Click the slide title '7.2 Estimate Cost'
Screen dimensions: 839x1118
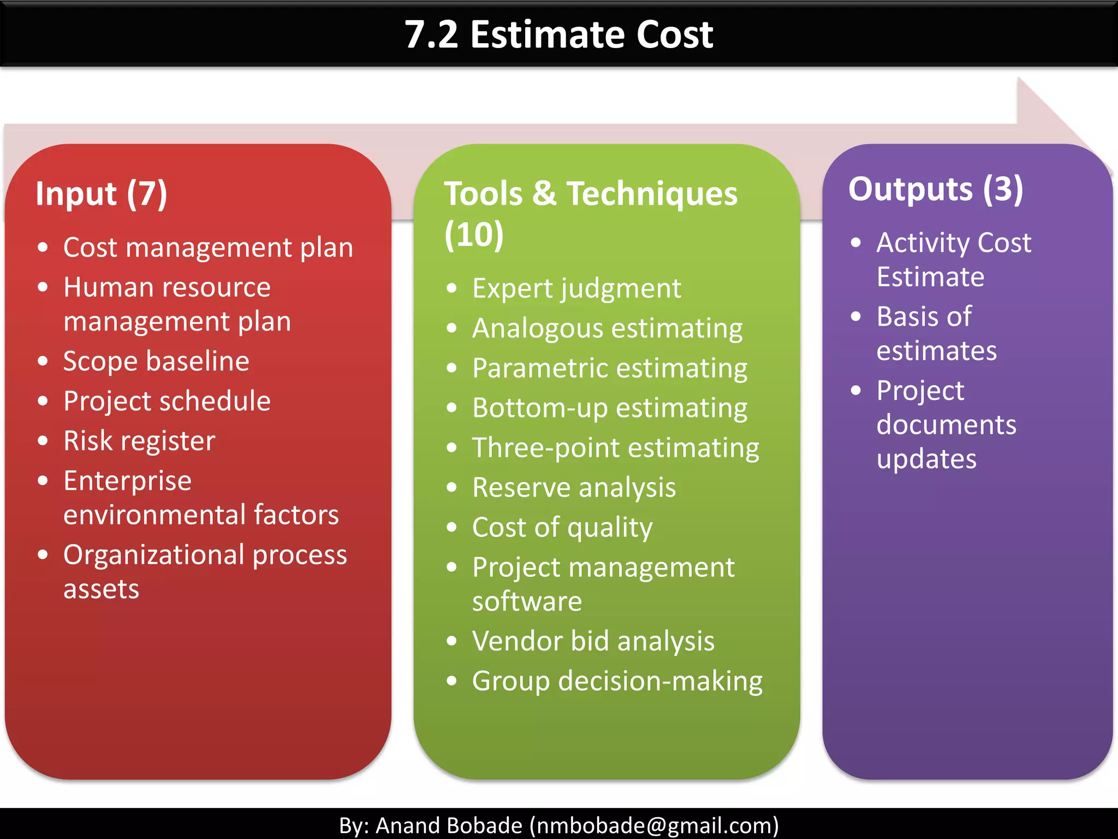click(x=558, y=34)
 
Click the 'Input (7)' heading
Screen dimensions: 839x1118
click(x=102, y=194)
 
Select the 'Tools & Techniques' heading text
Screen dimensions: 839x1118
click(x=591, y=194)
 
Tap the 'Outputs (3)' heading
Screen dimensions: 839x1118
click(x=936, y=190)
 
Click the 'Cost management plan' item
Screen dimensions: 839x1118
click(x=208, y=248)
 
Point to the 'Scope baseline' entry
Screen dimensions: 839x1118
click(x=156, y=362)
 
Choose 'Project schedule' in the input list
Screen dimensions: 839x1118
click(x=166, y=401)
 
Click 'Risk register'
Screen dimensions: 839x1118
click(x=139, y=441)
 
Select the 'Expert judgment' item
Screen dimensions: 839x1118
click(x=576, y=289)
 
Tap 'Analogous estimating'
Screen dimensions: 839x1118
click(x=607, y=329)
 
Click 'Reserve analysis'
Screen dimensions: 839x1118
click(x=574, y=488)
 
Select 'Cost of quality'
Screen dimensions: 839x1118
click(x=562, y=528)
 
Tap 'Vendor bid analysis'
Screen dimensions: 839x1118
click(x=593, y=641)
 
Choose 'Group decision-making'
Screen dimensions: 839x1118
click(x=617, y=681)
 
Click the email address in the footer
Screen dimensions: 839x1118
click(x=655, y=825)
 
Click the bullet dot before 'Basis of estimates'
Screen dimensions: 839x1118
click(x=856, y=316)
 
